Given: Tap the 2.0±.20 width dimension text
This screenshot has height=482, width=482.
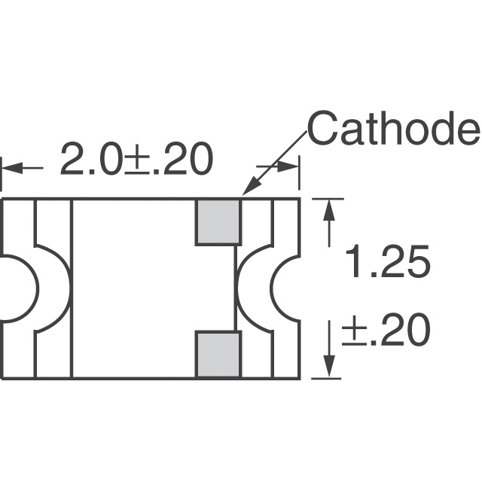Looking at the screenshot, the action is pos(137,159).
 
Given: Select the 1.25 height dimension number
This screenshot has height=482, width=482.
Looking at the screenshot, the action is pos(387,261).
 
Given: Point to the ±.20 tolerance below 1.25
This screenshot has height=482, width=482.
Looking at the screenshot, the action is pos(386,329).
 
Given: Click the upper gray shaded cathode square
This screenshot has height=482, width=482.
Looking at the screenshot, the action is pos(218,221).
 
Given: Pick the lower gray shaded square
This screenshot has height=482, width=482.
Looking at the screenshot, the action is pos(218,355).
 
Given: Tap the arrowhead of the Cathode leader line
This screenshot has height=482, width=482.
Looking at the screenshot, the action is pos(250,186).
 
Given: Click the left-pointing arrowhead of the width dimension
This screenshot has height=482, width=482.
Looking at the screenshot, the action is pos(12,168).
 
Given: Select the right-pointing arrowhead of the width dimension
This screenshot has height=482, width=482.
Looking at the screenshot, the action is pos(288,167).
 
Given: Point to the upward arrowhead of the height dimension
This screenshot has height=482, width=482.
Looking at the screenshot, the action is pos(329,209).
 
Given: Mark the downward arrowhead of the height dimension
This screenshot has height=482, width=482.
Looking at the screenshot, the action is pos(329,367).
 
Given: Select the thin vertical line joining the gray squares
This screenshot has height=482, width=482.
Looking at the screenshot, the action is pos(236,288).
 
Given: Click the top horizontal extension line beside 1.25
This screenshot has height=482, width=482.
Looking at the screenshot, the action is pos(328,199).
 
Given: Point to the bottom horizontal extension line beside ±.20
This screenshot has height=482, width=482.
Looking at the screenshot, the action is pos(326,378).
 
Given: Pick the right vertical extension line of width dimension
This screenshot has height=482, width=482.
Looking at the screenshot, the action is pos(299,173).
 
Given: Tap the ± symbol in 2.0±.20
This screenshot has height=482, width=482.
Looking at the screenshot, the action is pos(136,163).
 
